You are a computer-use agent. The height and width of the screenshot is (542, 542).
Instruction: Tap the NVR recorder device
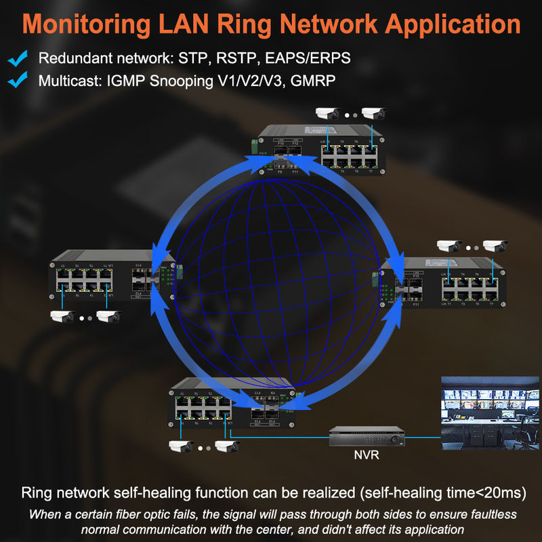click(367, 438)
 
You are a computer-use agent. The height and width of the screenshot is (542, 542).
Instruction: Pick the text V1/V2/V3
click(236, 81)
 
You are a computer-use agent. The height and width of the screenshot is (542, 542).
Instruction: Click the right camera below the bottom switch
click(226, 446)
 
